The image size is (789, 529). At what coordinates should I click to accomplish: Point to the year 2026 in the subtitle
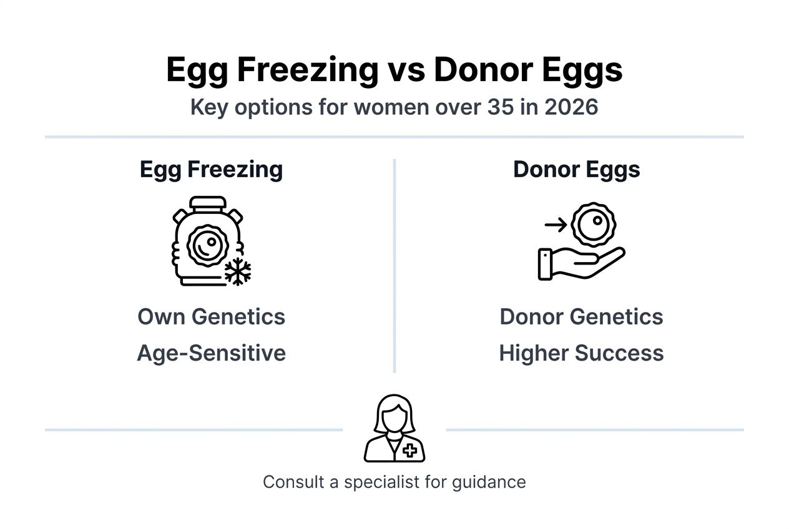click(x=571, y=107)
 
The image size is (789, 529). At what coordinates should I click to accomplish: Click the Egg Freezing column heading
click(x=211, y=170)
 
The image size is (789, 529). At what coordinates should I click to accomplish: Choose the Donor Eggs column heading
click(x=576, y=170)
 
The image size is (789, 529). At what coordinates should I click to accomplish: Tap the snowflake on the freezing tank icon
click(x=238, y=271)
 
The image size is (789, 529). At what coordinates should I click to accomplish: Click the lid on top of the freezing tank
click(x=207, y=202)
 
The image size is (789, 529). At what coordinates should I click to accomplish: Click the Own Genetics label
click(x=211, y=317)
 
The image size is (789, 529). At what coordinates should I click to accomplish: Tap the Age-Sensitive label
click(x=211, y=353)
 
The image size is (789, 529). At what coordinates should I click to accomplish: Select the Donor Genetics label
click(x=581, y=317)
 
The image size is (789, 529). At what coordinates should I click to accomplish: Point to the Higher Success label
click(x=581, y=353)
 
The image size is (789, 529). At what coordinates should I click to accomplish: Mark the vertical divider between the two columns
click(x=394, y=265)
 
